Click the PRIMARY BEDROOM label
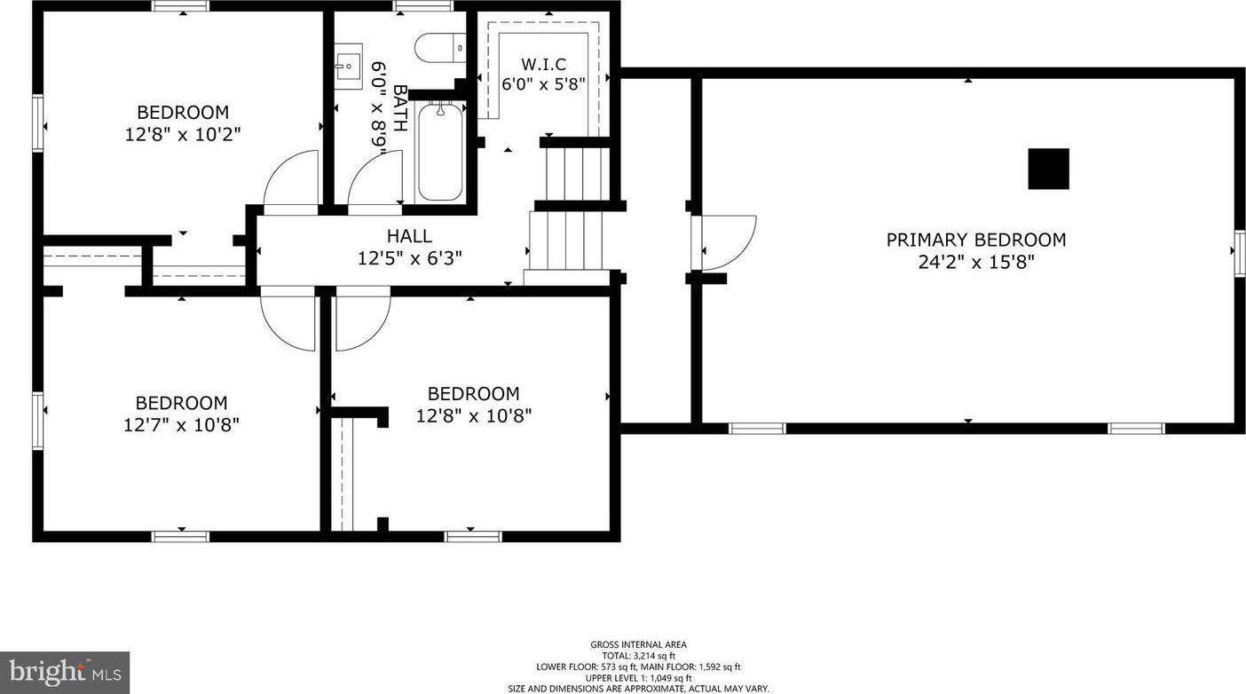pos(975,240)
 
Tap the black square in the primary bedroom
pos(1048,169)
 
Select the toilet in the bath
pos(440,48)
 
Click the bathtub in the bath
pos(439,151)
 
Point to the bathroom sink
pos(349,67)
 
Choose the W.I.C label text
pos(543,64)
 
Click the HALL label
pos(409,236)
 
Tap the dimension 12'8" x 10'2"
pos(183,135)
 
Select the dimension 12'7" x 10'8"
pos(181,425)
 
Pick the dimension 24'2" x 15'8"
pos(976,262)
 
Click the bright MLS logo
pos(65,673)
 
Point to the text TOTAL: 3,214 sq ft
pos(639,656)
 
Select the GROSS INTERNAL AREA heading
pos(639,644)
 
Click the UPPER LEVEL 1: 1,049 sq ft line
pos(639,678)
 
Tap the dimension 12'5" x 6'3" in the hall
pos(409,258)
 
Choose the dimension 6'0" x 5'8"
pos(543,84)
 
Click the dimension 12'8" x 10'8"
pos(474,415)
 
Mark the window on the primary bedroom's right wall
pos(1239,253)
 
